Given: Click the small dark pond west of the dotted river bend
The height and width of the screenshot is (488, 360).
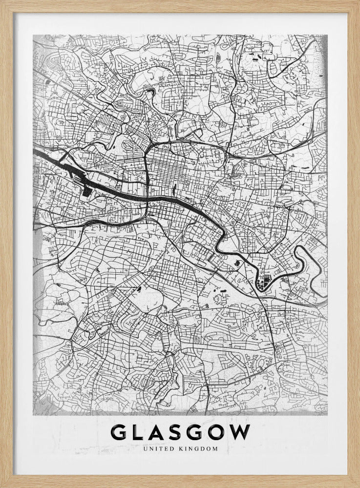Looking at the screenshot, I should [237, 264].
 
